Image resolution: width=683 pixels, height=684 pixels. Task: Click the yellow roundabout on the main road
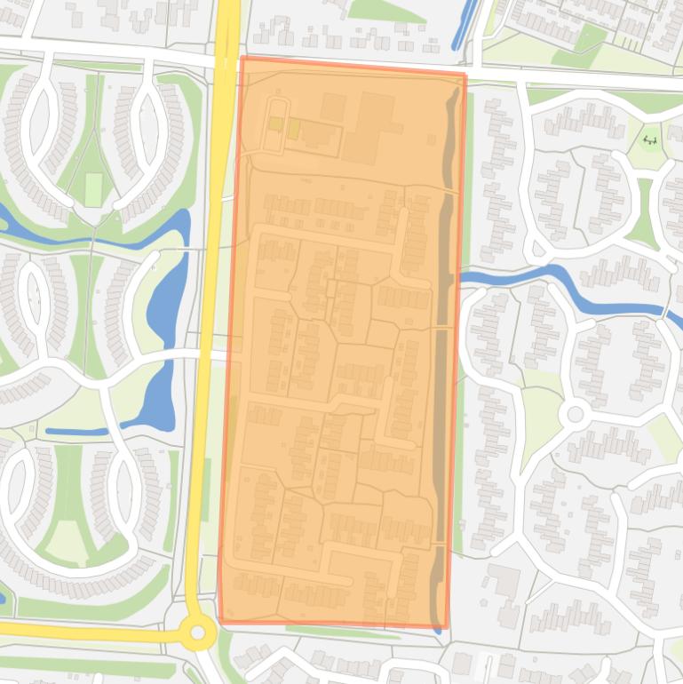coord(197,633)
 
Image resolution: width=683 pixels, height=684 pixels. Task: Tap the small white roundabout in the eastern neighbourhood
coord(575,414)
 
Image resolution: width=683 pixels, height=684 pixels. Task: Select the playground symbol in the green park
coord(650,139)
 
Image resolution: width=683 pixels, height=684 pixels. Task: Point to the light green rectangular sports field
coord(93,189)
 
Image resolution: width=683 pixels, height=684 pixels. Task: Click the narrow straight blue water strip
coord(76,432)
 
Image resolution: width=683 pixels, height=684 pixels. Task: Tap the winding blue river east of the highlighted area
coord(568,289)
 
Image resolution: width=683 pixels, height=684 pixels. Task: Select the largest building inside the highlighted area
coord(369,129)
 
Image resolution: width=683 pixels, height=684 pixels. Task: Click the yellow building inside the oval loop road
coord(276,124)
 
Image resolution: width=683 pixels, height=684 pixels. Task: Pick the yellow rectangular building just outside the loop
coord(294,131)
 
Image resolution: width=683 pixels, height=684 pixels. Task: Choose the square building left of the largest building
coord(333,107)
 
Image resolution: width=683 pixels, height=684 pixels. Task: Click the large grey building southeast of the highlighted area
coord(504,583)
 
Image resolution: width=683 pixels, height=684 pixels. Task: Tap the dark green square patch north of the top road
coord(589,37)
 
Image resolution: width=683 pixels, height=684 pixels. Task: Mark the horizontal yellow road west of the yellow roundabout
coord(89,632)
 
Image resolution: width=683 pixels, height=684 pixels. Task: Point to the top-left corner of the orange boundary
coord(242,59)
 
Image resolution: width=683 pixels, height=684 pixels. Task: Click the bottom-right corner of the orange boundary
coord(444,626)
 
